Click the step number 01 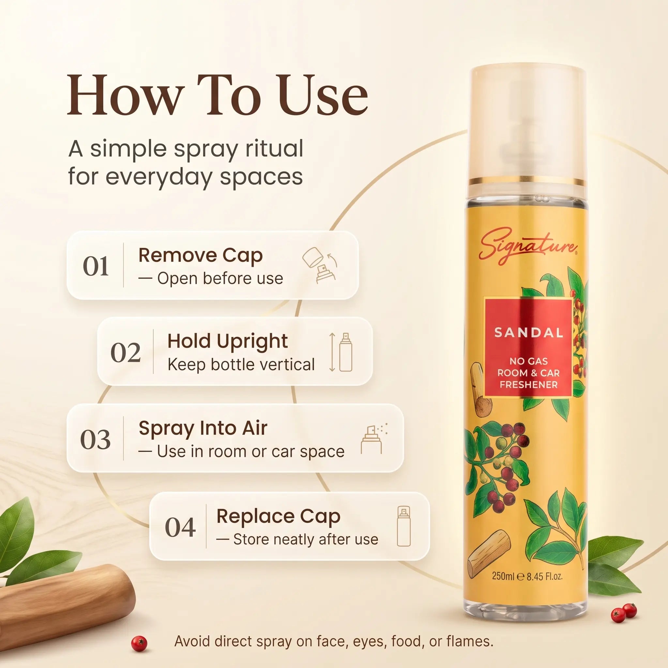click(x=96, y=266)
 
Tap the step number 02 click(x=126, y=353)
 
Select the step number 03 click(x=96, y=440)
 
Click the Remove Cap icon click(x=319, y=265)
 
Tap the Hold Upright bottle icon click(x=341, y=352)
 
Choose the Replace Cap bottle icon click(x=404, y=526)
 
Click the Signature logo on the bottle click(x=528, y=246)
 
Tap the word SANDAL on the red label click(x=529, y=333)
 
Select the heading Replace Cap click(x=278, y=517)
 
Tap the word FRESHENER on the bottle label click(x=529, y=385)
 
